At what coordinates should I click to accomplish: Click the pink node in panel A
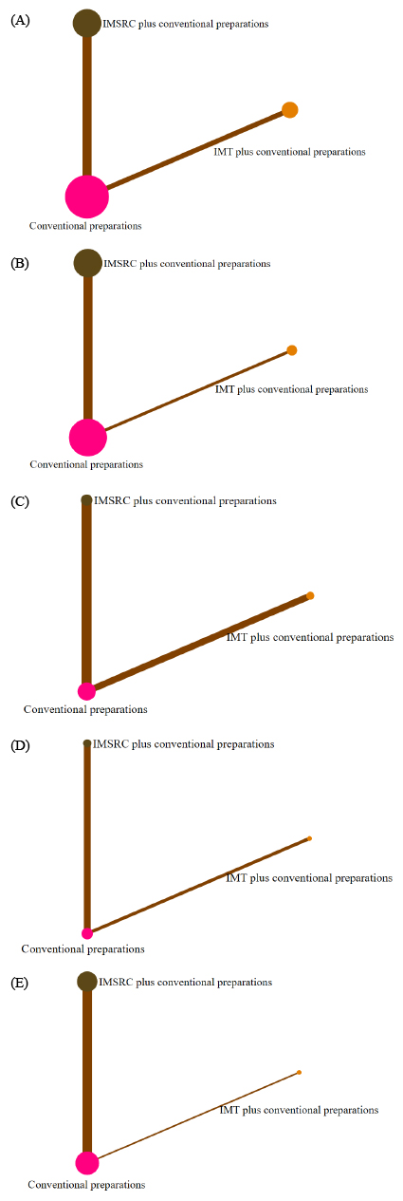point(86,197)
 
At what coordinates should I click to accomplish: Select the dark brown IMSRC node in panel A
point(86,23)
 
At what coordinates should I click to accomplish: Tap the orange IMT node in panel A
point(289,110)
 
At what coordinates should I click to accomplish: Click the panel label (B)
point(20,263)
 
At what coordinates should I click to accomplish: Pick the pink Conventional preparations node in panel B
point(88,438)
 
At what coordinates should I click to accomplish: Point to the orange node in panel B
point(292,350)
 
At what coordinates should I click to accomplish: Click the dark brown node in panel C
point(86,499)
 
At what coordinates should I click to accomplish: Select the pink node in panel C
point(86,691)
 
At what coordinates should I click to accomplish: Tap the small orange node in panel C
point(310,595)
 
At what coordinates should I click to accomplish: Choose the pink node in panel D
point(86,933)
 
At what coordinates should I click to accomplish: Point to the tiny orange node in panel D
point(310,838)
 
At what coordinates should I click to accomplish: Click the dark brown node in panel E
point(86,981)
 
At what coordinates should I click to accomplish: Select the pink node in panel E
point(86,1163)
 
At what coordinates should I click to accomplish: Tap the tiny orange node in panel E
point(300,1072)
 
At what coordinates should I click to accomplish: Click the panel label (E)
point(20,983)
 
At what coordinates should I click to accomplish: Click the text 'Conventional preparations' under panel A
point(85,226)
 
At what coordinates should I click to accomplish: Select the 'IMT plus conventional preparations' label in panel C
point(310,637)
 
